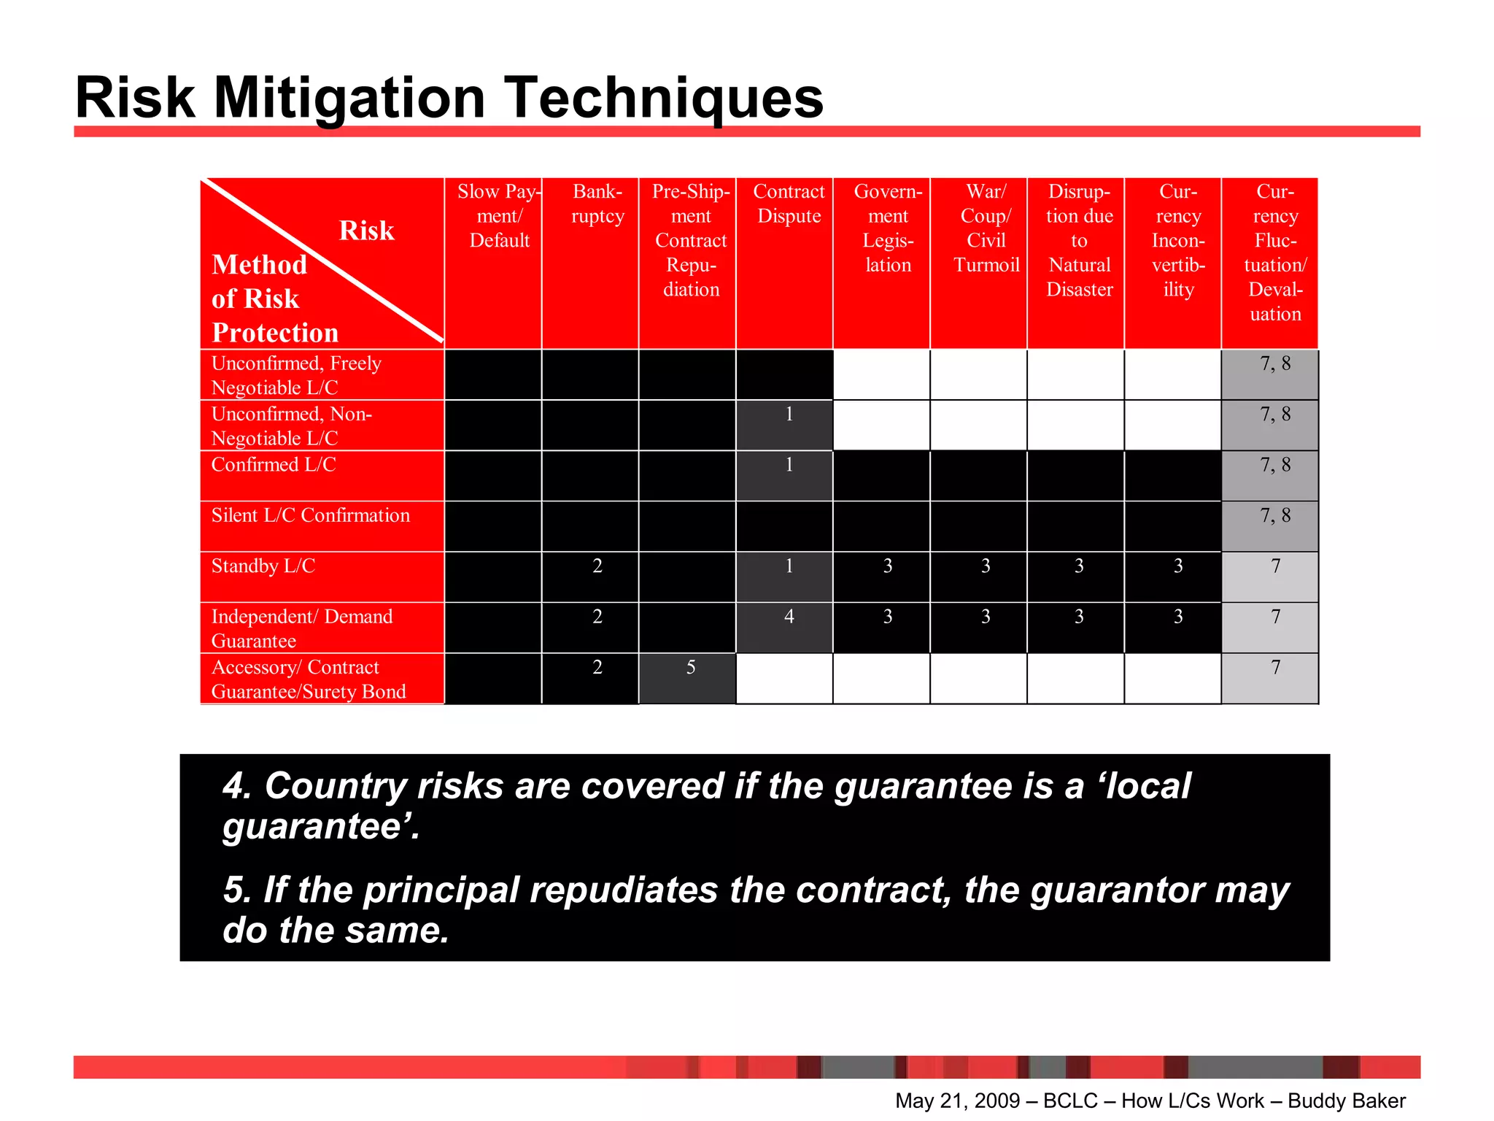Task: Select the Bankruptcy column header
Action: coord(597,204)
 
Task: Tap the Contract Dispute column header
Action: coord(789,204)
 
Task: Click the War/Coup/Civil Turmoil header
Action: coord(986,228)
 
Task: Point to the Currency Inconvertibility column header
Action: coord(1177,240)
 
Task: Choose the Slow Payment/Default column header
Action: coord(499,216)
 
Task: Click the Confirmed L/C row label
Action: coord(274,465)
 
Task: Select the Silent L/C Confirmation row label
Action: coord(311,515)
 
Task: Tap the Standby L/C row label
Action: coord(263,566)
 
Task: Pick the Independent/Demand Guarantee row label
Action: coord(301,628)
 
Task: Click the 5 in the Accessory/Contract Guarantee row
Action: coord(690,668)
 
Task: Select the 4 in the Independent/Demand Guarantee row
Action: coord(789,617)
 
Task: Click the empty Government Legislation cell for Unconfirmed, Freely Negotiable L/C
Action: coord(881,374)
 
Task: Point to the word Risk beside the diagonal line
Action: coord(366,231)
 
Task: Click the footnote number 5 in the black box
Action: coord(237,890)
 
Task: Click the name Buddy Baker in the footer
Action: coord(1346,1101)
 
